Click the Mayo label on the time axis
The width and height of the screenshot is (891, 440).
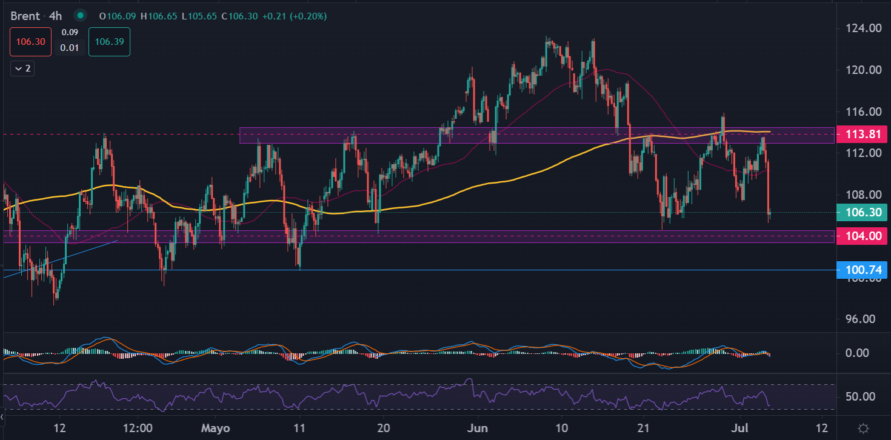(216, 428)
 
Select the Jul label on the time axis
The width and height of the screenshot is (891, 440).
(741, 428)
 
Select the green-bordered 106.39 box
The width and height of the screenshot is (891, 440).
(109, 41)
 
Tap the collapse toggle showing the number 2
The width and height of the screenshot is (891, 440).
(22, 68)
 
